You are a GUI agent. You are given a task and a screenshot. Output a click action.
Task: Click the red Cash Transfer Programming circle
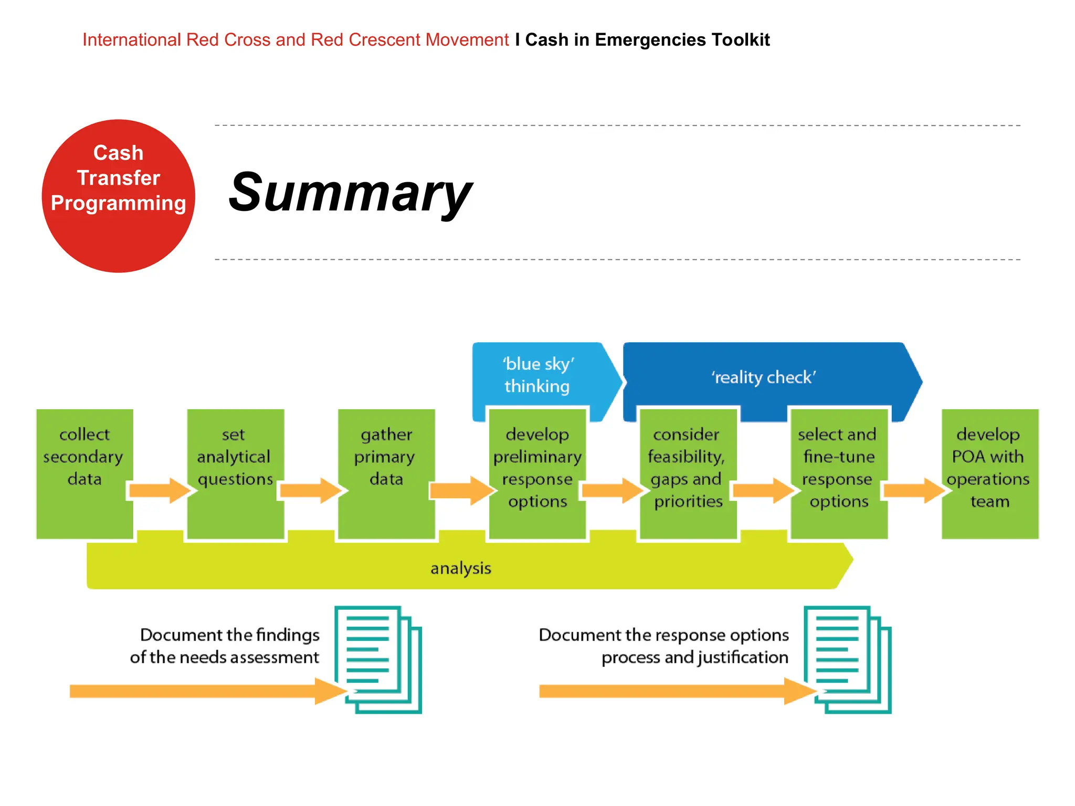tap(118, 196)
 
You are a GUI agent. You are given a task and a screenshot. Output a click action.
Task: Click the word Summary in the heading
tap(350, 193)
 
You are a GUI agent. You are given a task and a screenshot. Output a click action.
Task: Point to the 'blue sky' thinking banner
tap(538, 375)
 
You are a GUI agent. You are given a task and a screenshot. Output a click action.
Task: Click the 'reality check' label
tap(764, 377)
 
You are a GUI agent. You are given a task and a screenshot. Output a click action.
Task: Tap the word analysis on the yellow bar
tap(461, 568)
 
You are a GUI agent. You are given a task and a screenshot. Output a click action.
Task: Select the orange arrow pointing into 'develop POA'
tap(914, 491)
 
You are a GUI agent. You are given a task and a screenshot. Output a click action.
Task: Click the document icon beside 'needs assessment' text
tap(378, 659)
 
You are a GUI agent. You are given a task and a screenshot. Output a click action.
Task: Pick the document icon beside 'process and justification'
tap(847, 659)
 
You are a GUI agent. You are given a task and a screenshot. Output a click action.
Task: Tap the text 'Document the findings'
tap(229, 635)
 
